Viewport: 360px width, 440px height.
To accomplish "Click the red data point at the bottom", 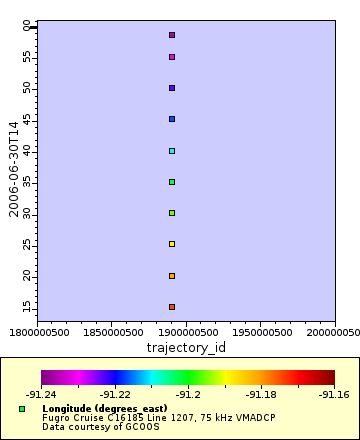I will click(172, 307).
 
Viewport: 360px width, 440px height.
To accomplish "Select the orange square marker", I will click(172, 276).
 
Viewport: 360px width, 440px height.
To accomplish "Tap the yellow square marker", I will click(172, 244).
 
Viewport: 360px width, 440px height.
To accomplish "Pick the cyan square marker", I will click(172, 151).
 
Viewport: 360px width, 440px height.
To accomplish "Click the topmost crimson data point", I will click(172, 35).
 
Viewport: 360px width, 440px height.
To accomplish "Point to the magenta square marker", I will click(172, 57).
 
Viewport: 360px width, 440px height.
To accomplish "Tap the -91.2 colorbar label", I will click(188, 394).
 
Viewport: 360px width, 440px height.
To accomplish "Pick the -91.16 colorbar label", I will click(334, 394).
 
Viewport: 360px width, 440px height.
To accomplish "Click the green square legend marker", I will click(22, 409).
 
